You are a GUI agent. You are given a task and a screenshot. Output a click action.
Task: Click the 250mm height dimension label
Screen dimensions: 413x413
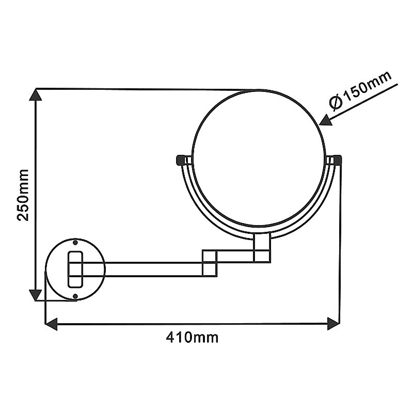tap(23, 195)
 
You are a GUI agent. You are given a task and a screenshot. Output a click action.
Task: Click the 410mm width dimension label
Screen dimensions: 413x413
tap(192, 337)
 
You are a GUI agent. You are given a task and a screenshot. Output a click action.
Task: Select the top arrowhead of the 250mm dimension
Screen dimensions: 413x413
tap(36, 95)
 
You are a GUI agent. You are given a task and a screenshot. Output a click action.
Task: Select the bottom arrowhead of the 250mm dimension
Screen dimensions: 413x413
tap(35, 295)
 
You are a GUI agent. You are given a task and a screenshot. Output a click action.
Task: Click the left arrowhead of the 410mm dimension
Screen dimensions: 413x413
tap(52, 324)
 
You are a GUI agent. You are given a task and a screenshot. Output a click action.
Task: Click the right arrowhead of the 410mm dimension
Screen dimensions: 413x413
tap(333, 324)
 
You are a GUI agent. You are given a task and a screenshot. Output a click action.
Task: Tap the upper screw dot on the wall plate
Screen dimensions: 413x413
tap(75, 242)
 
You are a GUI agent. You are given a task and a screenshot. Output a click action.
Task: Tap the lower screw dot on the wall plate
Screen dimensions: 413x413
tap(75, 296)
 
